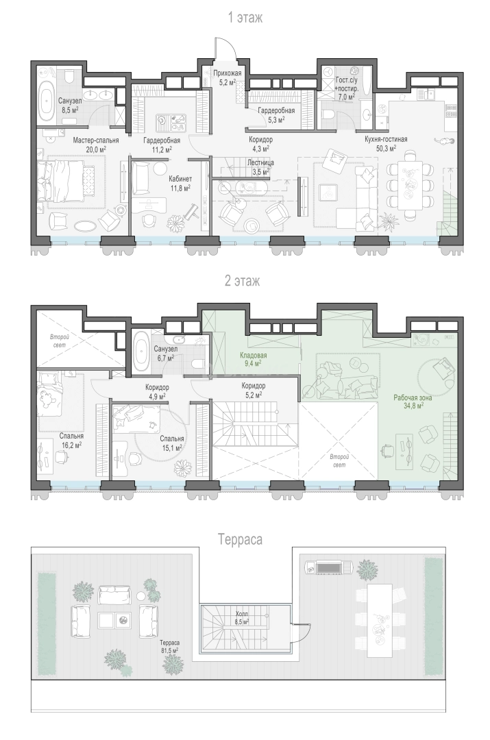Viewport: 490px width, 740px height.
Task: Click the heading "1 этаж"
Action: pos(245,18)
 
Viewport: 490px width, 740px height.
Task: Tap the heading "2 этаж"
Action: pos(242,282)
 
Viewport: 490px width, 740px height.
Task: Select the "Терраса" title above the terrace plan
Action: pos(241,539)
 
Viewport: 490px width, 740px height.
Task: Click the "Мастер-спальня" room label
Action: pos(96,140)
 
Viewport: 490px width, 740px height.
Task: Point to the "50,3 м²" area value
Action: pos(386,148)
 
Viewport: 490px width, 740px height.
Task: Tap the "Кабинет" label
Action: pos(180,179)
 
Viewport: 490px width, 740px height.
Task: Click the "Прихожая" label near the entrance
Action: pos(228,73)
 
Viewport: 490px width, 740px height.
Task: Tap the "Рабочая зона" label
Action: pos(413,397)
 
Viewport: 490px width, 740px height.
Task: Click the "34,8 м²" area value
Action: pos(413,405)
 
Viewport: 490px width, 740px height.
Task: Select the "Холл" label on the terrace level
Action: pos(242,614)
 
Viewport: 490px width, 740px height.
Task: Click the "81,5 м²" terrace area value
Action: pos(169,650)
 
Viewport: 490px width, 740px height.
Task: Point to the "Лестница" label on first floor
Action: pos(260,162)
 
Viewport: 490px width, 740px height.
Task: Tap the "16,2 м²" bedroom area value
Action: pos(71,444)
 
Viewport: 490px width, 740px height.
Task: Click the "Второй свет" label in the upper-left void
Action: pos(60,341)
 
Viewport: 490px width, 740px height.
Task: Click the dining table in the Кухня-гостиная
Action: pos(408,185)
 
